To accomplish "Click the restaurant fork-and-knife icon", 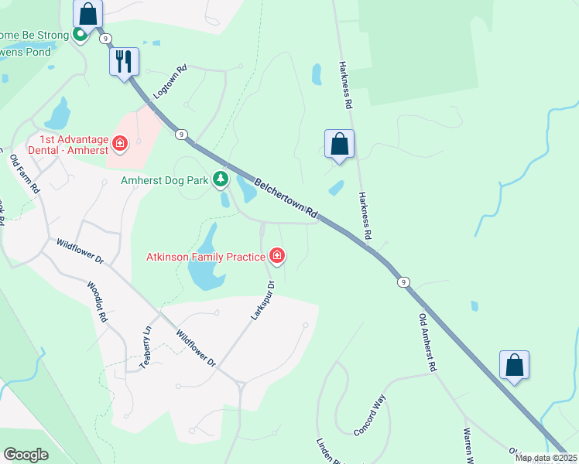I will click(x=124, y=61).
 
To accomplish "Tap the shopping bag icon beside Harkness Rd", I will click(x=339, y=143).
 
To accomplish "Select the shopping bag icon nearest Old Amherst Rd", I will click(x=515, y=366).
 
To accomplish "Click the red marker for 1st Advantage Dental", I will click(x=120, y=142).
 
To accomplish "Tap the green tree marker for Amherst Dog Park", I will click(x=221, y=179).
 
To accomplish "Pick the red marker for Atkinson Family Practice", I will click(x=276, y=255).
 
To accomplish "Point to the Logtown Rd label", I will click(x=170, y=80).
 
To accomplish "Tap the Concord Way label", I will click(x=370, y=415).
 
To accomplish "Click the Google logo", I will click(x=26, y=454).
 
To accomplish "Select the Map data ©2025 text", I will click(x=546, y=458).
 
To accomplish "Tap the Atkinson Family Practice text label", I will click(x=206, y=256).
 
